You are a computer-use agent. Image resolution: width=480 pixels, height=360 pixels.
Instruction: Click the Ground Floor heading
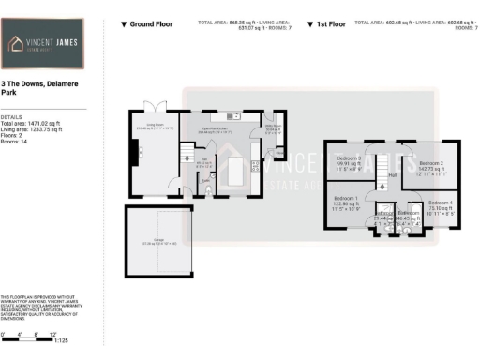coord(150,22)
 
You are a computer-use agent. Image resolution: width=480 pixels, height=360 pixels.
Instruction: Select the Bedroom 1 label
coord(347,202)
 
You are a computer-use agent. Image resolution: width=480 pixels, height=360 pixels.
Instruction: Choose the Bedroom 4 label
coord(440,206)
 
